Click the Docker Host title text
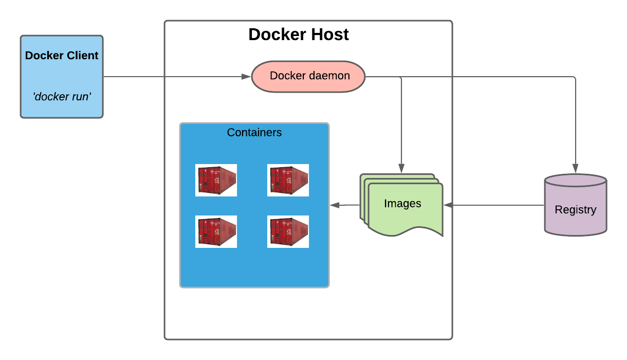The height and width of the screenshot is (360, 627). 299,34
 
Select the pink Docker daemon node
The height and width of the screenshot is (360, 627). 308,77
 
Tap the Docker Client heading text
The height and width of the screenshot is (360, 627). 62,56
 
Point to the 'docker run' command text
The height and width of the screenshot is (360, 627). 62,96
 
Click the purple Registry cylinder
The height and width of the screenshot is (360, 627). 576,206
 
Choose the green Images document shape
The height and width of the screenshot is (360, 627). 402,206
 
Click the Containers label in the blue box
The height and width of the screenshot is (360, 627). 254,133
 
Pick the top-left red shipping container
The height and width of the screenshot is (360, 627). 216,180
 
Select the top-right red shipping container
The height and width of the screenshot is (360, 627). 288,180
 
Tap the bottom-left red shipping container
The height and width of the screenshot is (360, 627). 216,231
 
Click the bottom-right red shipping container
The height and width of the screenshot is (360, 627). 288,231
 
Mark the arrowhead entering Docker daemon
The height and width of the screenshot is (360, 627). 246,77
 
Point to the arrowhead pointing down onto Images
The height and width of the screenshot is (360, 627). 401,168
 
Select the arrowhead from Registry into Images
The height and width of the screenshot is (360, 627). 448,205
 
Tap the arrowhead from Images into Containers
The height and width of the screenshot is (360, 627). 335,205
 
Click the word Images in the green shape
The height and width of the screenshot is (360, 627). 402,204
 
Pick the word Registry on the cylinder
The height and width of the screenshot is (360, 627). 576,210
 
